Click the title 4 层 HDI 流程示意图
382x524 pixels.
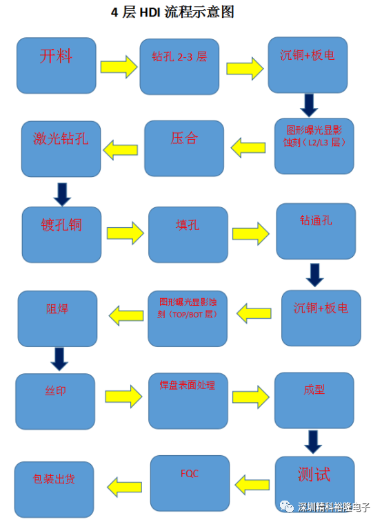(x=172, y=12)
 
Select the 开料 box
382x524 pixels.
(x=57, y=65)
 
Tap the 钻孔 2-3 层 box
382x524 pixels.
(x=179, y=67)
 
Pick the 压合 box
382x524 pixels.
(x=184, y=148)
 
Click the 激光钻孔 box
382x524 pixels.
(x=61, y=149)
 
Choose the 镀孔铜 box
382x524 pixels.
(x=61, y=235)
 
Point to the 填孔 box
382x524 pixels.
(x=188, y=235)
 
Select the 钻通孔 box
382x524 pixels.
(x=316, y=231)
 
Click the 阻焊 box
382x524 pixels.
(x=58, y=319)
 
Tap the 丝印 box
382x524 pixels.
(x=55, y=401)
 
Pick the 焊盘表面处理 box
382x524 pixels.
(x=188, y=401)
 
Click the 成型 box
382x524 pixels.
(x=314, y=400)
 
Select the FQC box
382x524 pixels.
(x=190, y=483)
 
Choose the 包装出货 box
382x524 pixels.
(x=54, y=490)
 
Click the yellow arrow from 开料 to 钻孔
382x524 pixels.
(x=119, y=67)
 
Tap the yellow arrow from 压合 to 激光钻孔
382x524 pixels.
(x=121, y=149)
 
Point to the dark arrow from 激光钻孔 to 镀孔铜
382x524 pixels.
(x=62, y=194)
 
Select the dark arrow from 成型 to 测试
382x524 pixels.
(x=313, y=442)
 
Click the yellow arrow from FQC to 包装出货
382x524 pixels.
(x=125, y=487)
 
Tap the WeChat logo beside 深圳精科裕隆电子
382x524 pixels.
(x=287, y=507)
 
